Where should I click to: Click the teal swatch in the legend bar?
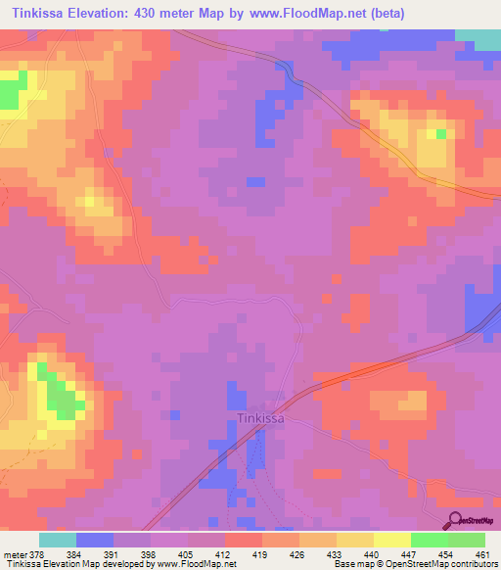point(58,540)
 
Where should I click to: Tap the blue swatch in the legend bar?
point(95,540)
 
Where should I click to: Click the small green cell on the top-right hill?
point(441,133)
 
